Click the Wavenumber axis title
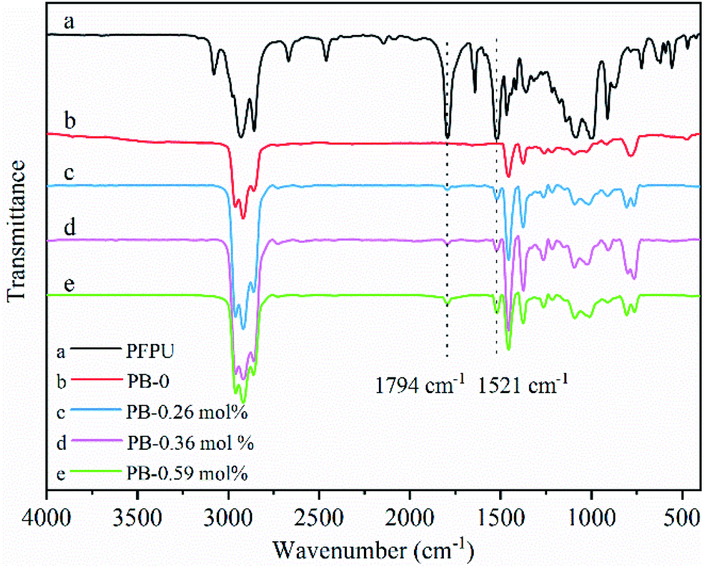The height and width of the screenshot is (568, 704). click(x=373, y=550)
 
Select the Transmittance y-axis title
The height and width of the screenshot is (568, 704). click(x=17, y=238)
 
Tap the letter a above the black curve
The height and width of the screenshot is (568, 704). click(x=70, y=23)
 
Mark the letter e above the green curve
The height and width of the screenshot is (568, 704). click(x=70, y=285)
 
